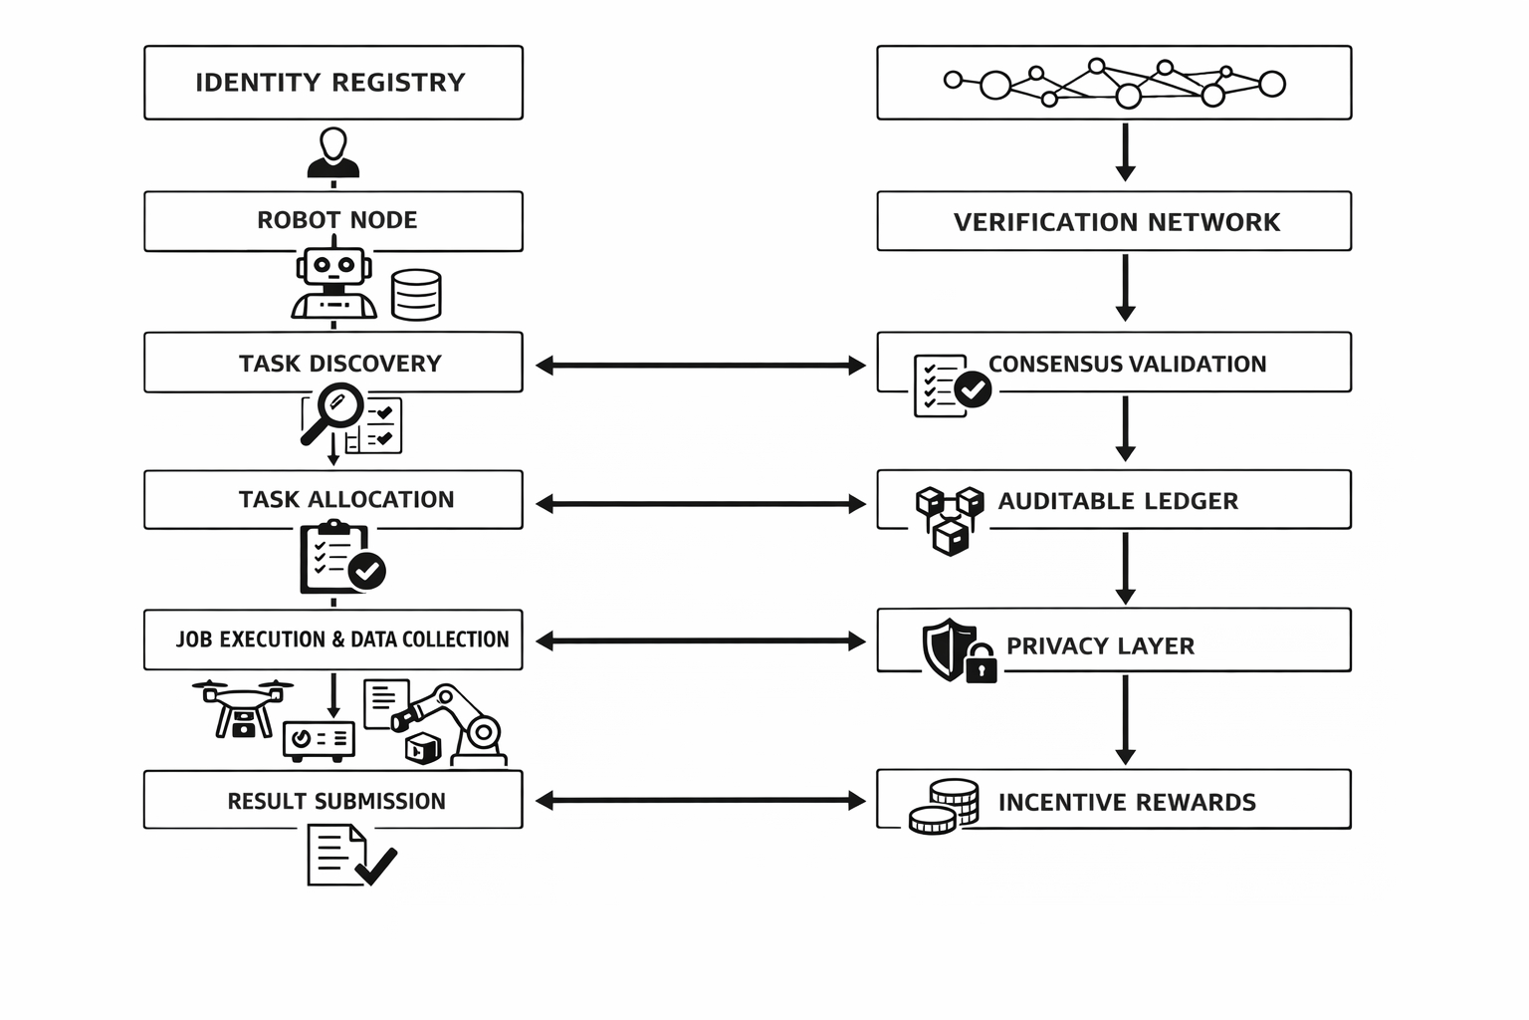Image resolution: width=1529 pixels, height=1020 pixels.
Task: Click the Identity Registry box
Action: [332, 83]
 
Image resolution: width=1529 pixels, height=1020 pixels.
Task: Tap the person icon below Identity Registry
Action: [333, 153]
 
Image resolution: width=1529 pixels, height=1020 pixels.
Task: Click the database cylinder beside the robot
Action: [416, 295]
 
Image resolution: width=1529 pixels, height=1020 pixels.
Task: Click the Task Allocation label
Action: [345, 500]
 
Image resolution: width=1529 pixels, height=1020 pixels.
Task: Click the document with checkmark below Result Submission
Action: [349, 857]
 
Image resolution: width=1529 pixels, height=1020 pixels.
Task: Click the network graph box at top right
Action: [1114, 83]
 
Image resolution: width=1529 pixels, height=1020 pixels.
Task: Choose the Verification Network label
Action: [1116, 222]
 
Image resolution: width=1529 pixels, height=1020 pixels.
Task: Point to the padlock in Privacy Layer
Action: [981, 664]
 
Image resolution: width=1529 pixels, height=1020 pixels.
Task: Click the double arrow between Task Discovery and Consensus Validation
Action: [700, 366]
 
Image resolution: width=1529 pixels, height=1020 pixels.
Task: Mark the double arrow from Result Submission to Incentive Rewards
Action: [700, 800]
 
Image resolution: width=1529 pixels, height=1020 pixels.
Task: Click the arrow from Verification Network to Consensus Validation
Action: [1125, 288]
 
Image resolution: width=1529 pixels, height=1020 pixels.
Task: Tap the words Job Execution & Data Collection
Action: [341, 639]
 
